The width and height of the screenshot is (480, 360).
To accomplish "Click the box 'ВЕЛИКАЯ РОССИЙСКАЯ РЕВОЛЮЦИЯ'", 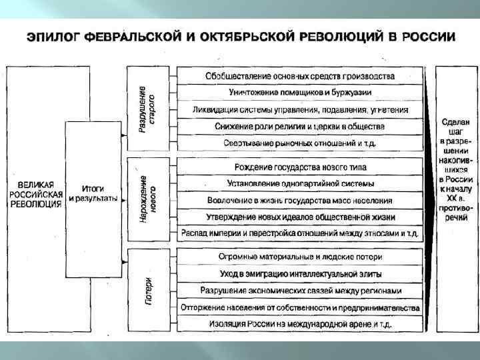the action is [x=37, y=193].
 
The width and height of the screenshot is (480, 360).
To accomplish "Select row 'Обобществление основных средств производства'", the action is [x=300, y=76].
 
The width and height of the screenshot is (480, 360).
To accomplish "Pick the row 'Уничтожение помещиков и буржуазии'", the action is [x=300, y=92].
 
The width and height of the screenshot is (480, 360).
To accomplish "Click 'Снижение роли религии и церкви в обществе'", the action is [x=300, y=125].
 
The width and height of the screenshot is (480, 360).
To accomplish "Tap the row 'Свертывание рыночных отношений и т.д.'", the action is [x=300, y=142].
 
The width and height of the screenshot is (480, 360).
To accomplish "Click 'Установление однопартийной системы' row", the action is [x=300, y=183].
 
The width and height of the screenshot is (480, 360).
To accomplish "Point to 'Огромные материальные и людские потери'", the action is [x=300, y=257].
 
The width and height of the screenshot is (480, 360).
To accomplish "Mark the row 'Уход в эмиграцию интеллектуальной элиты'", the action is [x=300, y=273].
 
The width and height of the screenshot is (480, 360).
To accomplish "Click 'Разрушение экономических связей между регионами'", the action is [x=300, y=290].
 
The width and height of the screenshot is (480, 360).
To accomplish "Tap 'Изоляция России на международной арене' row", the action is [x=300, y=323].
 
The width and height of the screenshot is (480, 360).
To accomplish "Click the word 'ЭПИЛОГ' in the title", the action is [x=53, y=37].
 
